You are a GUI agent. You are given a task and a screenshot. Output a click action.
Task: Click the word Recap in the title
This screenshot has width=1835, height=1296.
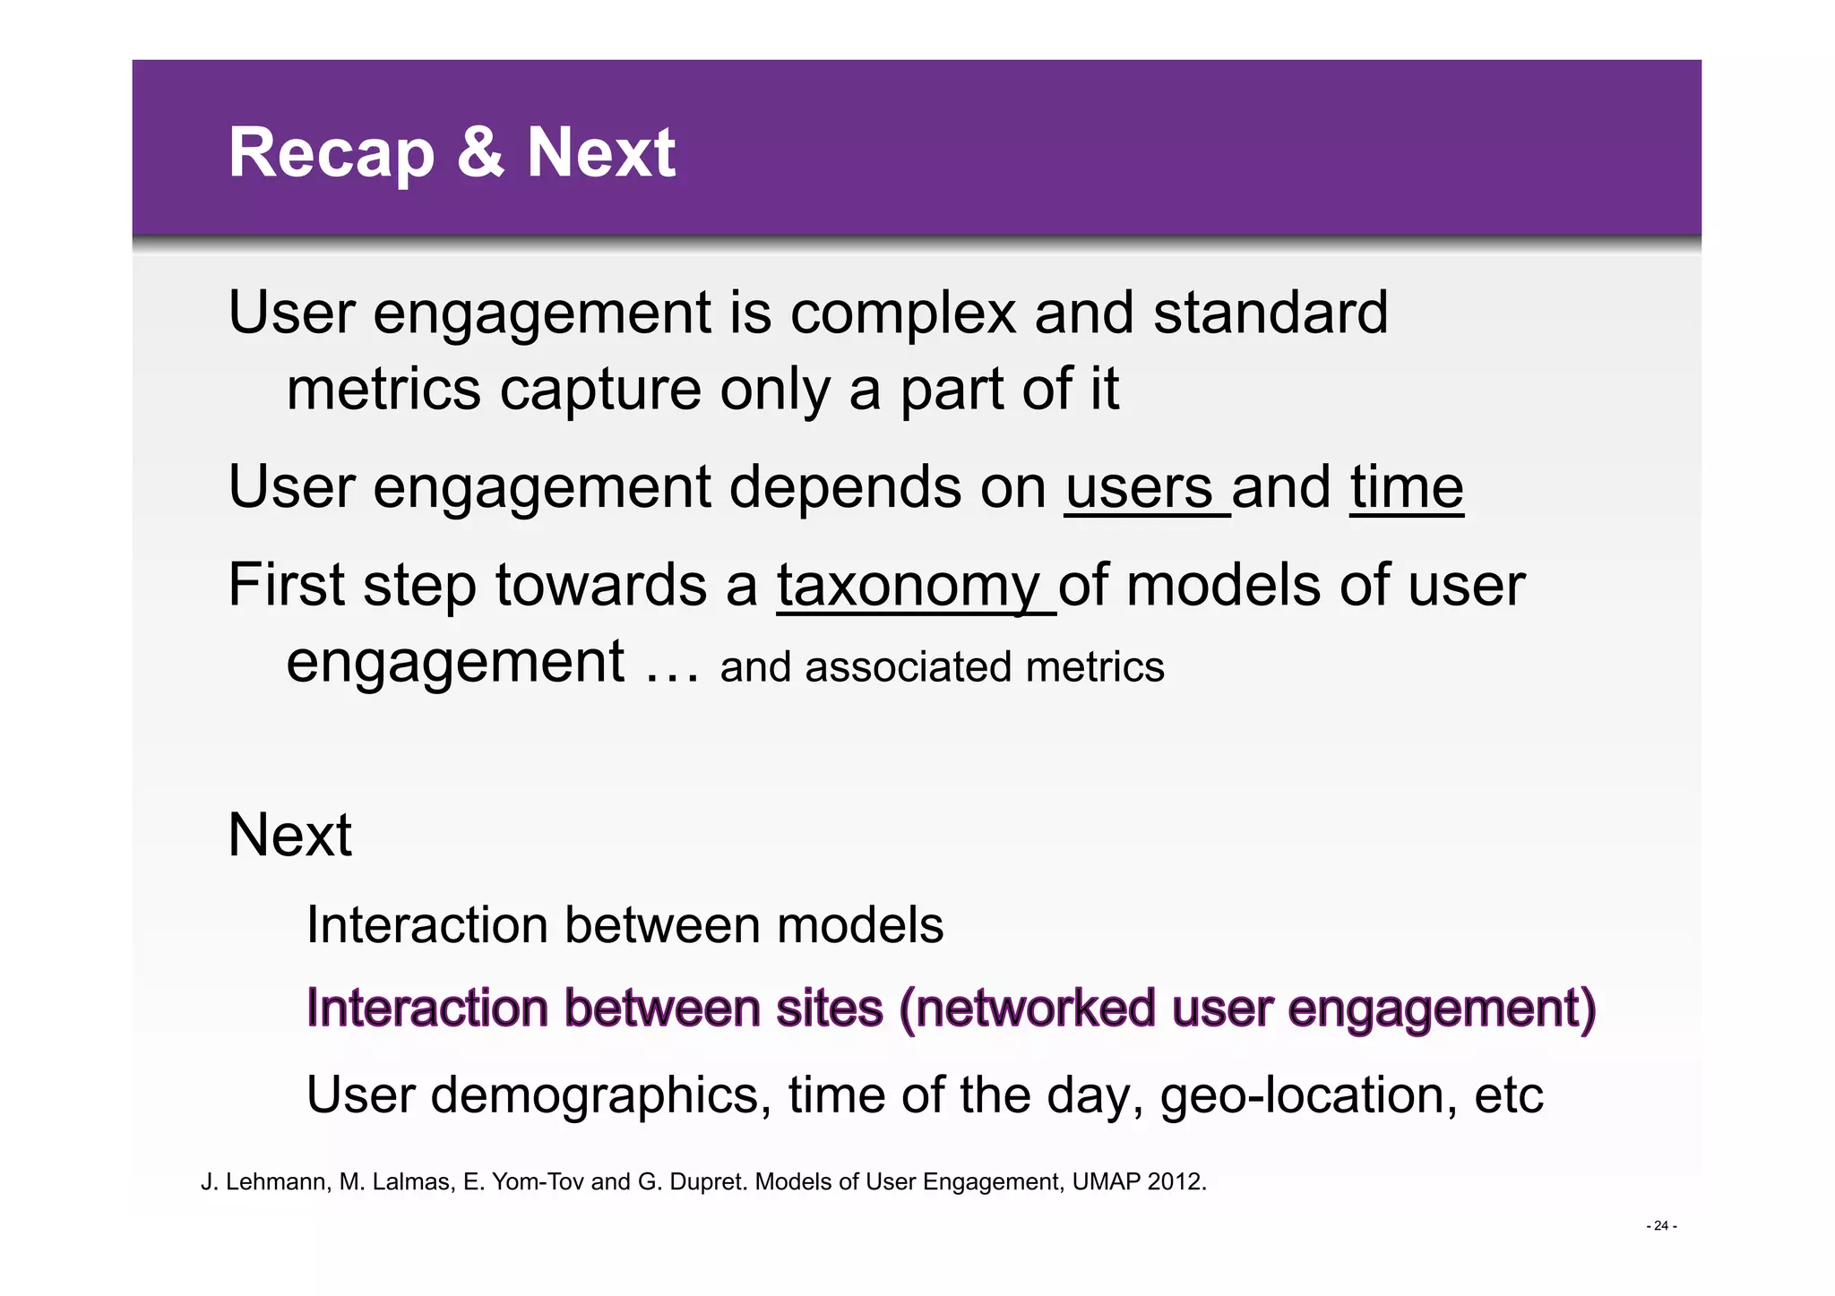tap(332, 154)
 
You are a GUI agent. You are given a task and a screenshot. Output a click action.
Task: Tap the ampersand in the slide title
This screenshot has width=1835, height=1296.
tap(480, 152)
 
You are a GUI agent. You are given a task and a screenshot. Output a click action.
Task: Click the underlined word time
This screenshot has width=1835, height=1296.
tap(1407, 488)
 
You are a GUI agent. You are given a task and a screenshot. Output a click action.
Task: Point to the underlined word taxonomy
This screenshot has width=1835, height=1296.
tap(908, 587)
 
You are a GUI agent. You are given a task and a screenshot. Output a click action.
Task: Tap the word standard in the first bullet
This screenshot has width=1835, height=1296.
tap(1270, 313)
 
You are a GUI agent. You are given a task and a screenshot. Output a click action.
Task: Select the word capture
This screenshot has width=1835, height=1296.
tap(600, 391)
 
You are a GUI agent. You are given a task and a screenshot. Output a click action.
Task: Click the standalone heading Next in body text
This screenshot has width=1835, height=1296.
tap(290, 836)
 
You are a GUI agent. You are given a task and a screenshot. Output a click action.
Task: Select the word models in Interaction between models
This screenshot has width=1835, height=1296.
tap(860, 925)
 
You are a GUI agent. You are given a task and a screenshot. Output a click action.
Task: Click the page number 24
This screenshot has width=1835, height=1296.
tap(1661, 1226)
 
